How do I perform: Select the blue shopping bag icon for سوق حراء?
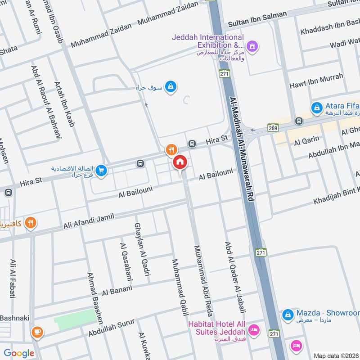tap(170, 86)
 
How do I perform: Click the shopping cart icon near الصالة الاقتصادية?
tap(101, 170)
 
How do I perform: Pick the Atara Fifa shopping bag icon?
tap(317, 108)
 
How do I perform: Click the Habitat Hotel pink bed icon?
tap(253, 330)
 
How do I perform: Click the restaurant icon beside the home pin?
tap(171, 149)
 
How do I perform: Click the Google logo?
tap(19, 353)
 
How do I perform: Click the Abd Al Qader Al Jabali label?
tap(233, 276)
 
